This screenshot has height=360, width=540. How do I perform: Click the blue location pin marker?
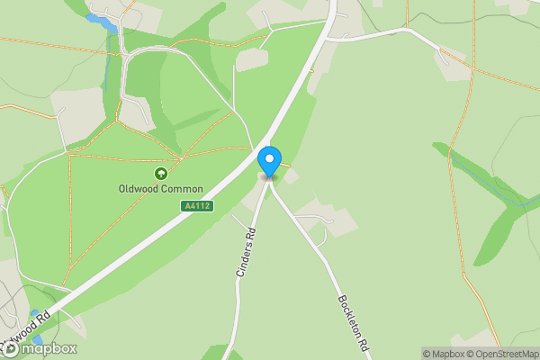tap(269, 160)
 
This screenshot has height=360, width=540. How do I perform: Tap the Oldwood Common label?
tap(161, 189)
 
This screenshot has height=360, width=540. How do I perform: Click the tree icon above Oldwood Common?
tap(161, 174)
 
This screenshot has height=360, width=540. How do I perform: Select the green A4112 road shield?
tap(196, 207)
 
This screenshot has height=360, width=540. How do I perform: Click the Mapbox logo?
tap(40, 348)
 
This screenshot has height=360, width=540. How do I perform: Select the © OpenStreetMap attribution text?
tap(504, 354)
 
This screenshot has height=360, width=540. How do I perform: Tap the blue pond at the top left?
tap(103, 22)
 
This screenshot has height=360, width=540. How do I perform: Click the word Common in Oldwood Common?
tap(182, 189)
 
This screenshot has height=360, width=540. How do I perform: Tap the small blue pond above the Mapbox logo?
tap(35, 315)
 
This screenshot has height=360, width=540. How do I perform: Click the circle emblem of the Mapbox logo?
tap(11, 348)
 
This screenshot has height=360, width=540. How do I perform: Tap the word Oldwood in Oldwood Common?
tap(139, 189)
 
